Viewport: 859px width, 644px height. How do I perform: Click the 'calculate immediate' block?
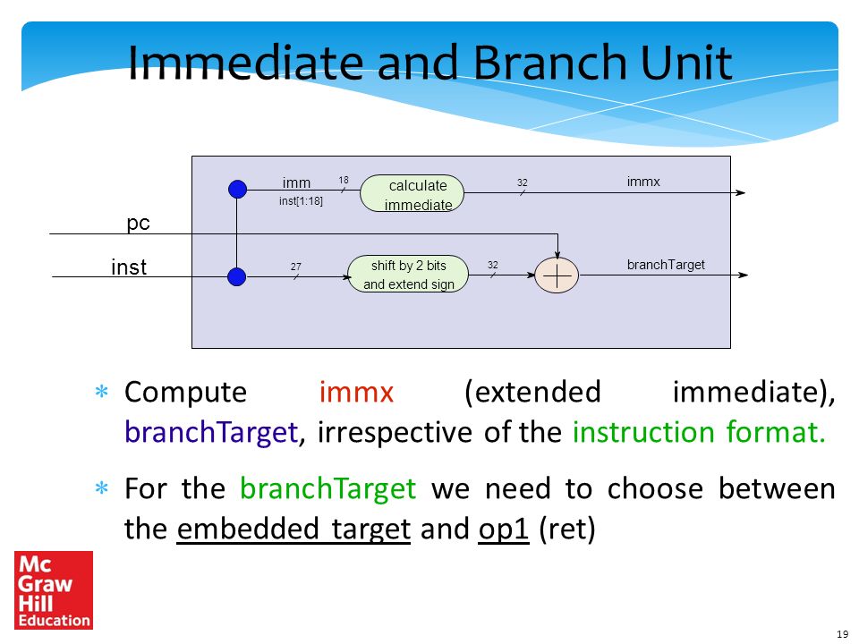coord(412,193)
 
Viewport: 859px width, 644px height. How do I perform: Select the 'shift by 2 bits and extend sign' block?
coord(408,274)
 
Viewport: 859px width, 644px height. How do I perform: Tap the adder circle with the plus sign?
coord(557,275)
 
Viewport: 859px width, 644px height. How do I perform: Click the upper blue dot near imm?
coord(237,190)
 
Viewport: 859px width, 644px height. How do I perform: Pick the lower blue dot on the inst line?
coord(236,276)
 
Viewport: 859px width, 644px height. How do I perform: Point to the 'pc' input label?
coord(138,224)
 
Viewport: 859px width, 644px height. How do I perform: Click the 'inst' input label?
coord(129,267)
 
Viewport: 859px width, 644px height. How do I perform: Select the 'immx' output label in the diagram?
coord(643,182)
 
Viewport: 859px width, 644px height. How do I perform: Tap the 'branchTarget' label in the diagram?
coord(666,265)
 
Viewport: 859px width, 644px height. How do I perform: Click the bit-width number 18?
coord(344,180)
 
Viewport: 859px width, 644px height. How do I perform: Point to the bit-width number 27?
coord(296,267)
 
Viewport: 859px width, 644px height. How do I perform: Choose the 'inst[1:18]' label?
coord(301,201)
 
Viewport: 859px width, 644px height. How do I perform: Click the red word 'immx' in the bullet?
coord(357,392)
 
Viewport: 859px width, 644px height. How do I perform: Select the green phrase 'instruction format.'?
coord(699,432)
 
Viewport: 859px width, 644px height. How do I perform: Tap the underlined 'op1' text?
coord(504,529)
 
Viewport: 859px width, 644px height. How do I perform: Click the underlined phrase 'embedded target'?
coord(293,529)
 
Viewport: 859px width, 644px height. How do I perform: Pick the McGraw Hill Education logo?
coord(54,589)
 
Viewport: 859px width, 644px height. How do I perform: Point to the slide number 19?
coord(843,634)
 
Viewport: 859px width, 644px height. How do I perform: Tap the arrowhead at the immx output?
coord(740,193)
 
